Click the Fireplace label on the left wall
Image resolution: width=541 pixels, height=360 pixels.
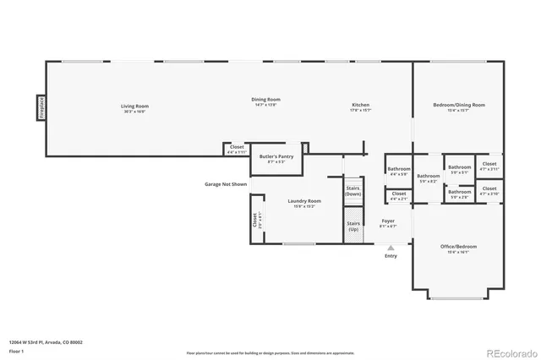[x=40, y=108]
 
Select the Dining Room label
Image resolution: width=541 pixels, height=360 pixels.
[x=265, y=101]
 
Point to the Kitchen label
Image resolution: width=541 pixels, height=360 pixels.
[x=361, y=107]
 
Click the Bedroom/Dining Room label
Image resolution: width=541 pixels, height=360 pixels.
[x=459, y=106]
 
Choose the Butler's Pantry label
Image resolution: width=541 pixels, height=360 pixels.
[x=276, y=158]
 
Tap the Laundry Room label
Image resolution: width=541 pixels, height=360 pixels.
[x=304, y=203]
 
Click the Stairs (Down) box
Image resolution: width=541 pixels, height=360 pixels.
[x=353, y=191]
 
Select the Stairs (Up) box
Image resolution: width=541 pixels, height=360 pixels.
[x=353, y=226]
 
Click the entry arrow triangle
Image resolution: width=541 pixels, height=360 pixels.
[x=391, y=248]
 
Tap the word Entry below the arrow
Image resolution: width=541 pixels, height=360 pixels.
[x=391, y=256]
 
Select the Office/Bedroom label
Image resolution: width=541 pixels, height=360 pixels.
[x=459, y=248]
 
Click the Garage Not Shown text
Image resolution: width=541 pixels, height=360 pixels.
[x=226, y=184]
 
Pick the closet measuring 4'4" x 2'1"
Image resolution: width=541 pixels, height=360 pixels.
[x=399, y=196]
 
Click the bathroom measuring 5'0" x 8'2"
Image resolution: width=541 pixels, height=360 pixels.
[x=429, y=177]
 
